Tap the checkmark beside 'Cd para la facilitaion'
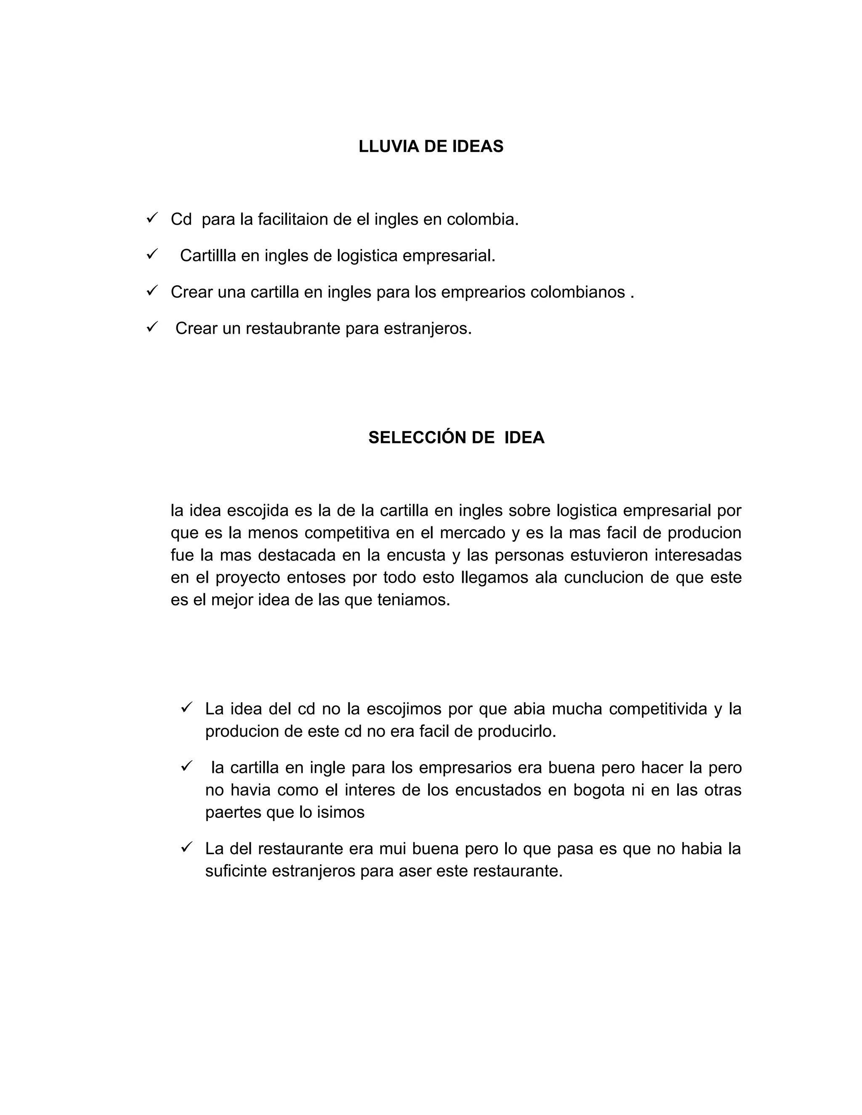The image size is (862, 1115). (152, 218)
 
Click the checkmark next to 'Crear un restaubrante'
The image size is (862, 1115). (152, 327)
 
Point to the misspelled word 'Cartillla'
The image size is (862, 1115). (208, 255)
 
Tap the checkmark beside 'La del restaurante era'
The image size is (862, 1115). (186, 847)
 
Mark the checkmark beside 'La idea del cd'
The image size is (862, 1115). (186, 708)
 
